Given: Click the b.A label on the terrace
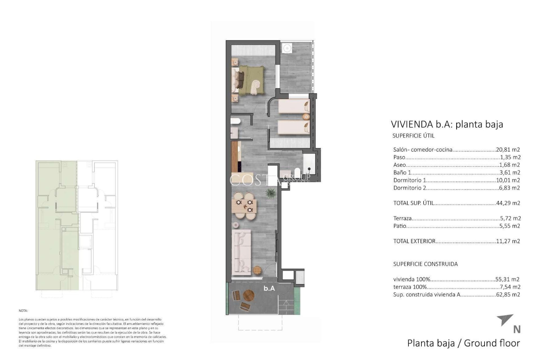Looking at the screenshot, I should pyautogui.click(x=269, y=288).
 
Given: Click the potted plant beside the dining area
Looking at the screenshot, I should pyautogui.click(x=271, y=194).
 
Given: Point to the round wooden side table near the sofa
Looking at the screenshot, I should pyautogui.click(x=257, y=270).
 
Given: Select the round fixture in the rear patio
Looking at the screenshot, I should pyautogui.click(x=287, y=48).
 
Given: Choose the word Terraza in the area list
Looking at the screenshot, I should pyautogui.click(x=402, y=218).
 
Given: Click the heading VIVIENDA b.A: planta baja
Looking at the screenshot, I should pyautogui.click(x=447, y=124).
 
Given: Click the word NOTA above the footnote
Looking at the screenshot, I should pyautogui.click(x=23, y=311).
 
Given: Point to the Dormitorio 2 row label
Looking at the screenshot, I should pyautogui.click(x=409, y=188).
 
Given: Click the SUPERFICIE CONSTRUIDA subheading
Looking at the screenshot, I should pyautogui.click(x=425, y=264).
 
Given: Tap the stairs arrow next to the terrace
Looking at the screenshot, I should pyautogui.click(x=286, y=303).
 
